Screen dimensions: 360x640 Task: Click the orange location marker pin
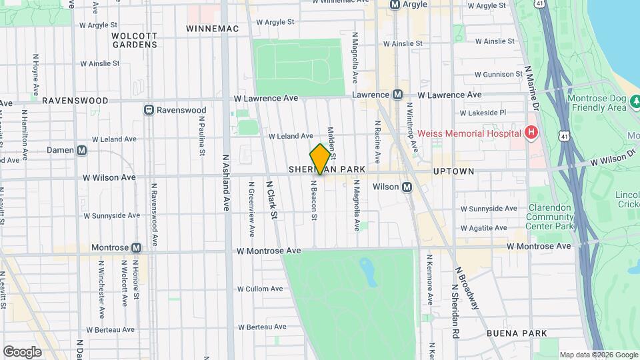pos(321,159)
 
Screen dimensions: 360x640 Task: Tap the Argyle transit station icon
pos(395,5)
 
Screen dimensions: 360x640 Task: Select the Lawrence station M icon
pos(397,95)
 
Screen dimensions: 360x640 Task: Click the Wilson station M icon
pos(407,187)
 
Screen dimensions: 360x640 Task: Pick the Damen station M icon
pos(82,151)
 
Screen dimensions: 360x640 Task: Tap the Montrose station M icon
pos(137,247)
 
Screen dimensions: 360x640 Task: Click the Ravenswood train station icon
pos(149,109)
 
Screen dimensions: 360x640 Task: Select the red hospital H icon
pos(531,133)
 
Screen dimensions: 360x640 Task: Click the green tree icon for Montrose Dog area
pos(635,101)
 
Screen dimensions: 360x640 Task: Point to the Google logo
pos(22,351)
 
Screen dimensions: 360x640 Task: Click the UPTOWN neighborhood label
pos(453,171)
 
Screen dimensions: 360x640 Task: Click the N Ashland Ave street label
pos(227,183)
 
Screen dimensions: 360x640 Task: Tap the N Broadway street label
pos(466,287)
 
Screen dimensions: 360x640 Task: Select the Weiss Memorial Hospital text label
pos(469,133)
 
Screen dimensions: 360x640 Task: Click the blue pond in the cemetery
pos(367,270)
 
